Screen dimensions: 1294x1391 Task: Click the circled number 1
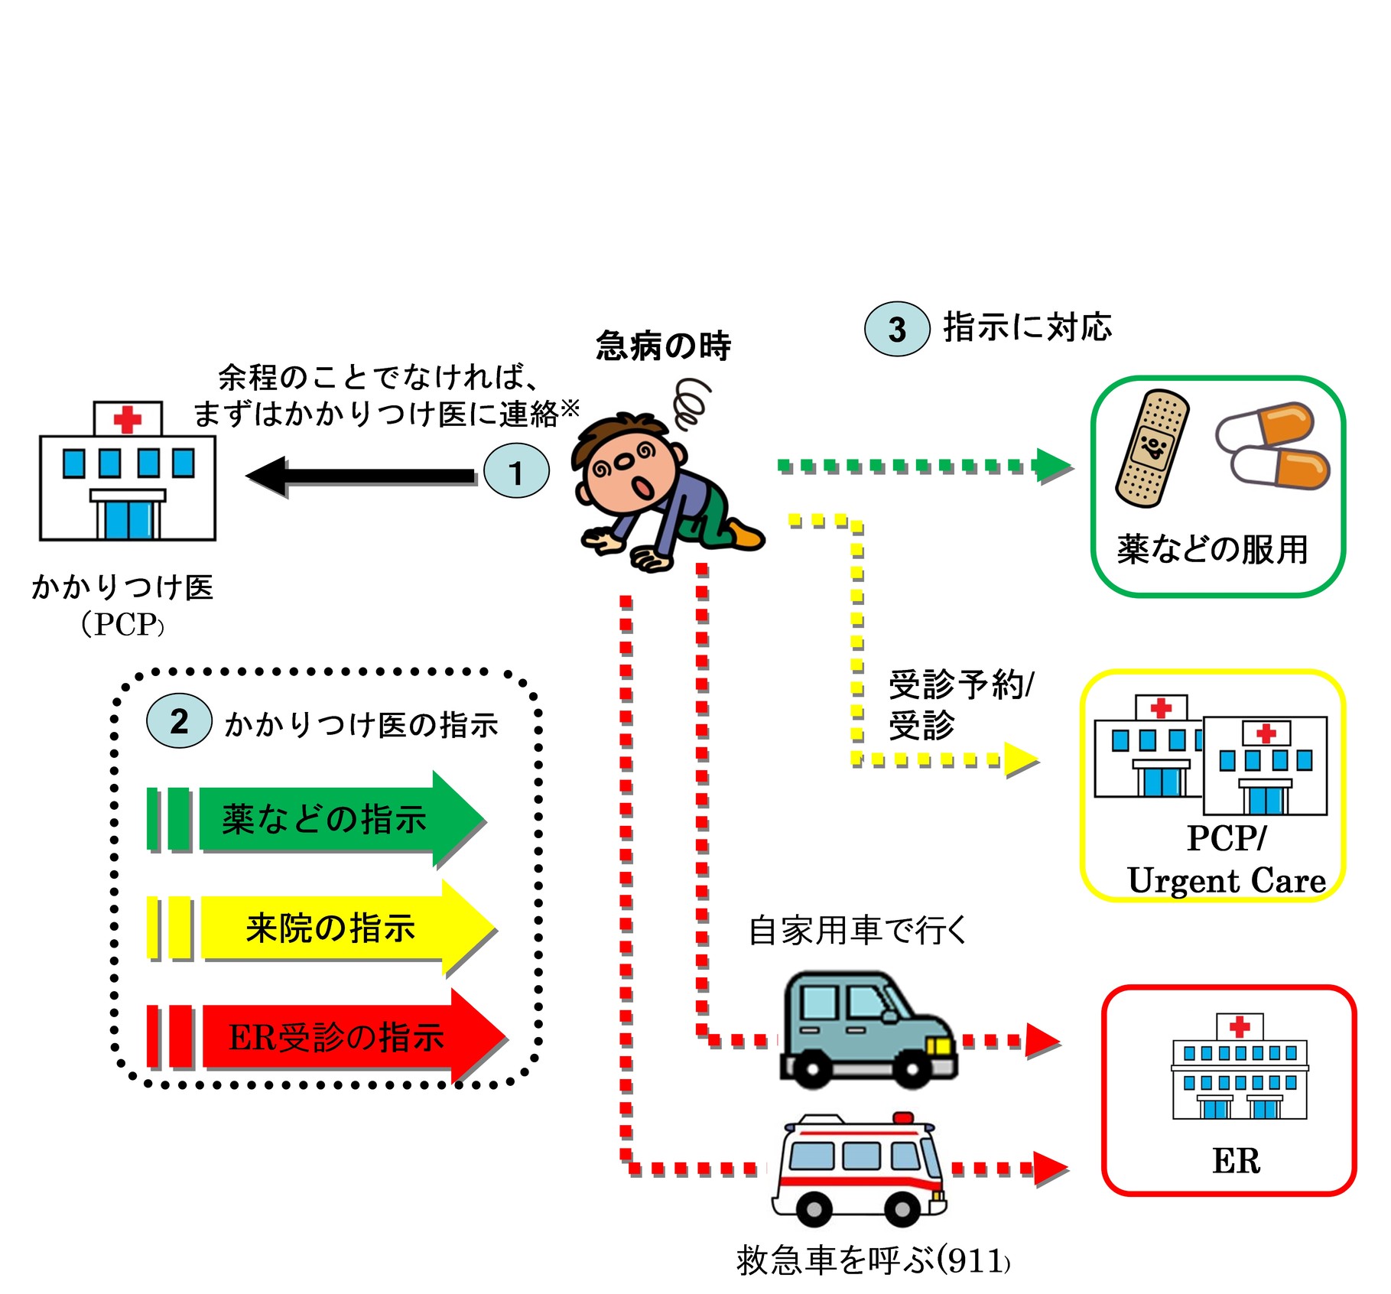point(516,471)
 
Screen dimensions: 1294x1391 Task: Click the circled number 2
point(179,720)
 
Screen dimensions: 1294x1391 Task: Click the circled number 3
point(896,329)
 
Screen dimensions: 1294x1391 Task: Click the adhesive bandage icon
point(1152,448)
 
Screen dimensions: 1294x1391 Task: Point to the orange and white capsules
point(1273,446)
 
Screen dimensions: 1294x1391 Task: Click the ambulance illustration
point(859,1170)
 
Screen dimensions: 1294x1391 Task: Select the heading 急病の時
point(663,346)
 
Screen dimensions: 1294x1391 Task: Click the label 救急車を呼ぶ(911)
point(873,1260)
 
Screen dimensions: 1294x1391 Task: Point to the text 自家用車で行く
point(856,931)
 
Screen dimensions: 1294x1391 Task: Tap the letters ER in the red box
point(1235,1161)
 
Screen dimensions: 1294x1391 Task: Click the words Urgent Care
point(1226,880)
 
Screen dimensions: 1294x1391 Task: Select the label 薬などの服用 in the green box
point(1212,549)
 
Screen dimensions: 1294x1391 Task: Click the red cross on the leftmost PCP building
point(127,419)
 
